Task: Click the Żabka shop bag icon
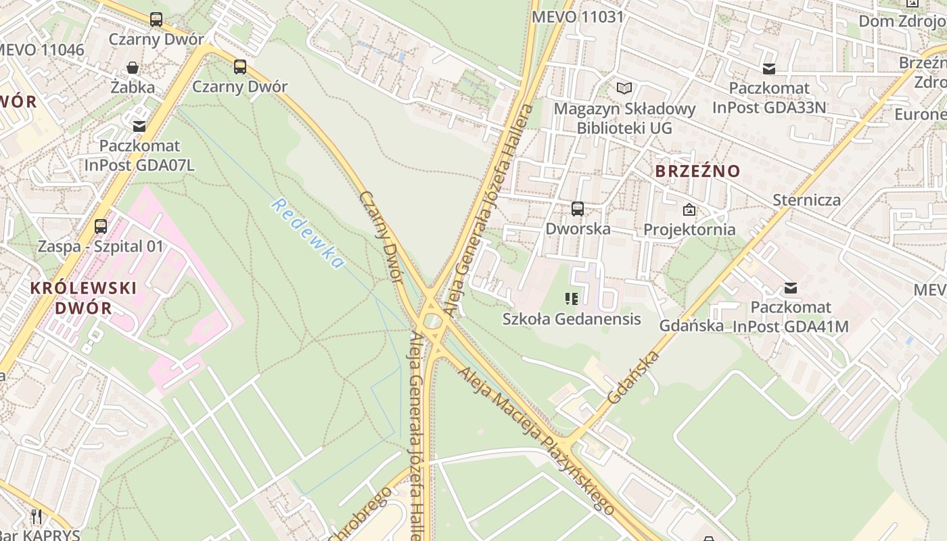tap(133, 68)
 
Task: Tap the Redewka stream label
tap(308, 233)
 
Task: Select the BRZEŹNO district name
tap(698, 171)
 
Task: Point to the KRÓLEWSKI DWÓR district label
tap(83, 298)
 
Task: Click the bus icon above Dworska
tap(578, 209)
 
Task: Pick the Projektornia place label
tap(689, 229)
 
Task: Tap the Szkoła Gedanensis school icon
tap(572, 298)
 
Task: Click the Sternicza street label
tap(807, 199)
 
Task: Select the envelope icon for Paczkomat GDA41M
tap(790, 288)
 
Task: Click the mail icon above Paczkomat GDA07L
tap(139, 126)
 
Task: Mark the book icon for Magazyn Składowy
tap(624, 89)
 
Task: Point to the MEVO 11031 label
tap(578, 17)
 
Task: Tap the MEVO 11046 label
tap(41, 49)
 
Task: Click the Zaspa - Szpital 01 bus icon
tap(101, 227)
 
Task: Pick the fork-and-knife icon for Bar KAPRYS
tap(37, 517)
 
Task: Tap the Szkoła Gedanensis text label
tap(572, 318)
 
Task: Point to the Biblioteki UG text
tap(624, 127)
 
